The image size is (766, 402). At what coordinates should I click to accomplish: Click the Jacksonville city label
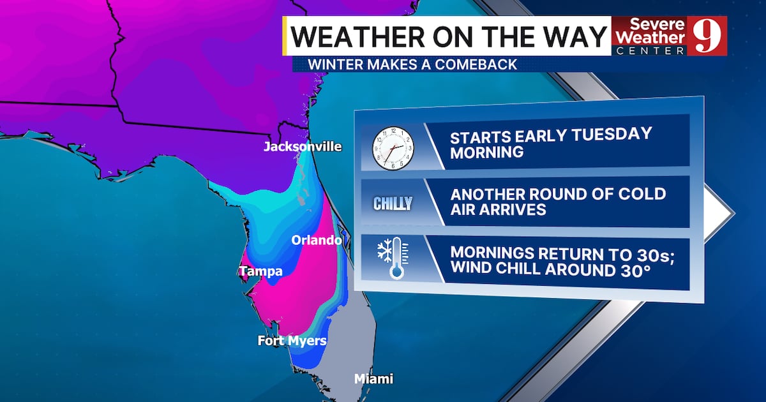pyautogui.click(x=303, y=147)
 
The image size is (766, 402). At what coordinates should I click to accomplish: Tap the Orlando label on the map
pyautogui.click(x=317, y=241)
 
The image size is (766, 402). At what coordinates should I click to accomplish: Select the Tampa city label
pyautogui.click(x=261, y=272)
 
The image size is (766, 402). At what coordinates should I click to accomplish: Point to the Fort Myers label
pyautogui.click(x=292, y=341)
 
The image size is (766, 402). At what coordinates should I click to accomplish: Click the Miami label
pyautogui.click(x=373, y=379)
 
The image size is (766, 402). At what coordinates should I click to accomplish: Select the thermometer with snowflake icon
pyautogui.click(x=393, y=258)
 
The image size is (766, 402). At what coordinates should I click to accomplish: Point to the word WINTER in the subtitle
pyautogui.click(x=333, y=64)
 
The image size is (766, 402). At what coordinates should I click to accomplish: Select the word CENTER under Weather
pyautogui.click(x=649, y=50)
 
